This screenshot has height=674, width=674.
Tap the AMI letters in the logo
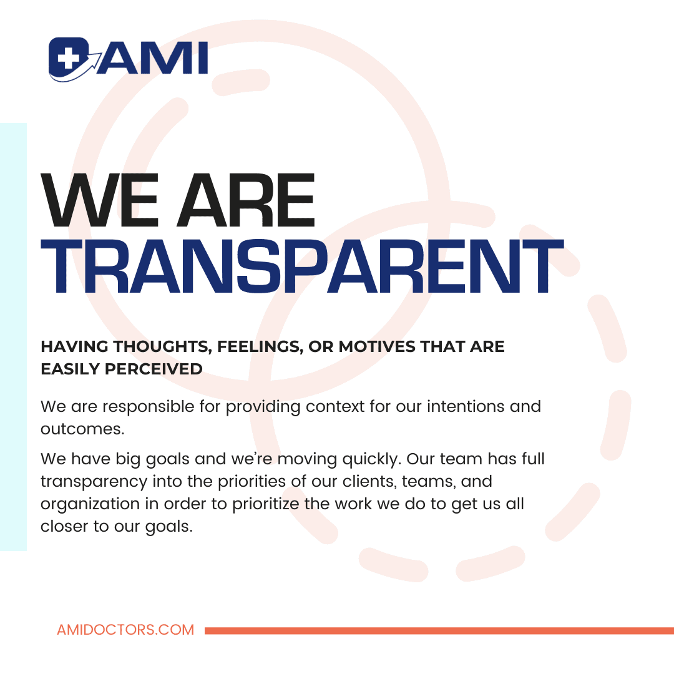pos(153,57)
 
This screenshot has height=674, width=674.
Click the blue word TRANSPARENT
pos(302,266)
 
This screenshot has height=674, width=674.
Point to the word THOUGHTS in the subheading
pos(162,347)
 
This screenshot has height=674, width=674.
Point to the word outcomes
pos(82,429)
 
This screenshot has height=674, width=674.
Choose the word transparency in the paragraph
pos(94,482)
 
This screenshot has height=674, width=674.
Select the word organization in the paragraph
pos(90,504)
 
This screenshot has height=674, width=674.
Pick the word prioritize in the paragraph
pos(266,504)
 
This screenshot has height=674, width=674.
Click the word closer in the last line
pos(64,526)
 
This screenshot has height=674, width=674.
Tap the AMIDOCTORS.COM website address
pos(125,630)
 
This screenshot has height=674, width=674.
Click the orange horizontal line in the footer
pos(439,630)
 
